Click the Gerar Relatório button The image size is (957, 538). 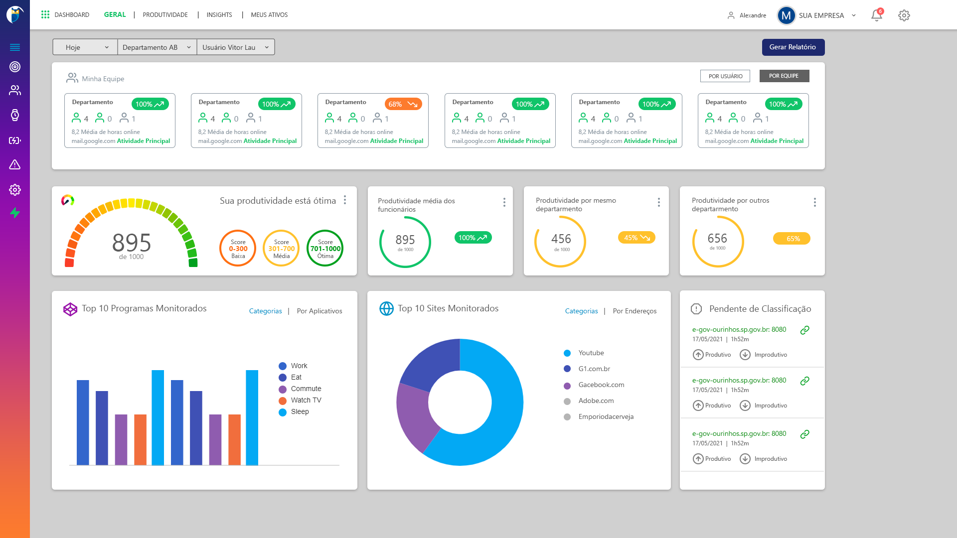(x=793, y=47)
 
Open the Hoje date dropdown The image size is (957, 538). (x=85, y=47)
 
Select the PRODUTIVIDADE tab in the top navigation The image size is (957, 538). (x=165, y=15)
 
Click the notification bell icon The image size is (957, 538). (x=876, y=15)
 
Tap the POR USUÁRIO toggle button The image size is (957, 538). (x=725, y=76)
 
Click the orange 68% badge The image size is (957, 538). (x=403, y=104)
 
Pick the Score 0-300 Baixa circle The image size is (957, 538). (x=238, y=249)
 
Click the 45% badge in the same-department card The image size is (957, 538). (x=637, y=238)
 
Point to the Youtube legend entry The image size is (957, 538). (x=591, y=353)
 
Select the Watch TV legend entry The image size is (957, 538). (x=306, y=401)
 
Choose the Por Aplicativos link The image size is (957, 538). (x=319, y=311)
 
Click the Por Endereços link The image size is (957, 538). (x=635, y=311)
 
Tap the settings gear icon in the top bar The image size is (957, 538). (x=904, y=15)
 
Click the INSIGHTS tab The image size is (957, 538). (x=219, y=15)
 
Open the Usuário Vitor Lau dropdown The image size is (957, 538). (x=235, y=47)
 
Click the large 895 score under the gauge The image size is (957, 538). (x=132, y=243)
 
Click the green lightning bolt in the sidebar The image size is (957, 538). (x=15, y=213)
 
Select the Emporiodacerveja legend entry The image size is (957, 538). (x=606, y=417)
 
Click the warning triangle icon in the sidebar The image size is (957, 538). (x=15, y=165)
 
